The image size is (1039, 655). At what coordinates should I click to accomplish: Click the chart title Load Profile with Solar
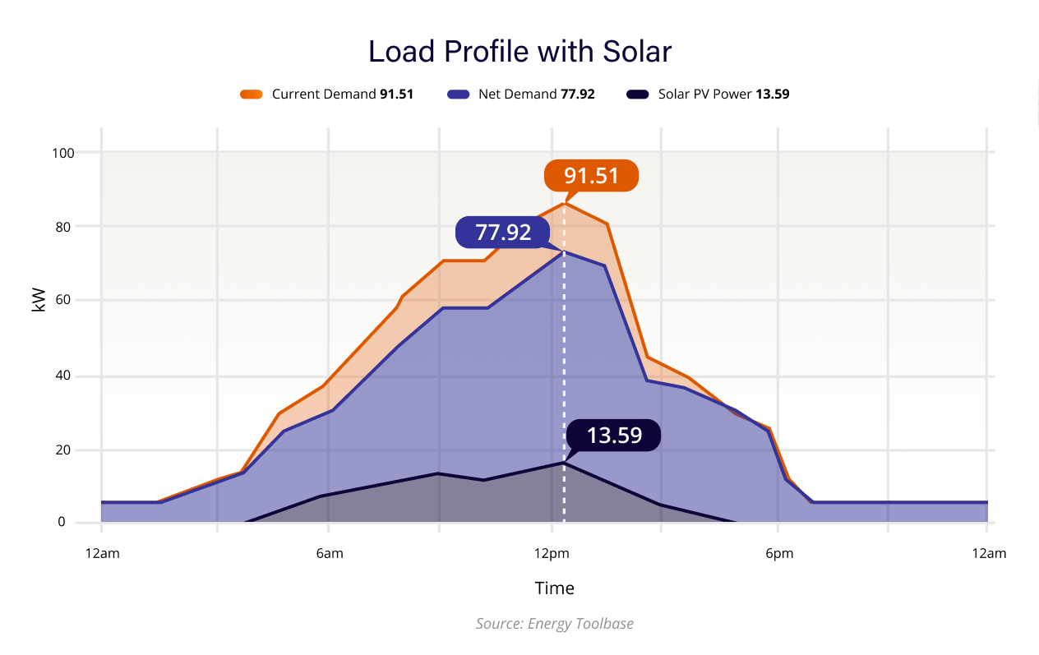[519, 52]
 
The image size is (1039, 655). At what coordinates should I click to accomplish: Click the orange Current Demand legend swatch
[251, 95]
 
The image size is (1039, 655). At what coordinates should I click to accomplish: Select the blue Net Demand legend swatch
[457, 95]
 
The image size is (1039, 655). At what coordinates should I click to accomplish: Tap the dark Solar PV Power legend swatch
[637, 95]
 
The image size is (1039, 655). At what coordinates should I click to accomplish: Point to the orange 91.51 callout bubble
[591, 175]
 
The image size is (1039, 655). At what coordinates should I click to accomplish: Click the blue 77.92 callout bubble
[503, 233]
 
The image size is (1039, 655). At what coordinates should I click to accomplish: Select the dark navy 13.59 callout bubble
[613, 435]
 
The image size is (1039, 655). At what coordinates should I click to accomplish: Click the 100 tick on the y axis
[64, 153]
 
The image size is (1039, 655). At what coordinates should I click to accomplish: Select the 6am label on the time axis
[330, 554]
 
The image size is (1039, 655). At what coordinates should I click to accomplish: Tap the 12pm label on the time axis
[552, 554]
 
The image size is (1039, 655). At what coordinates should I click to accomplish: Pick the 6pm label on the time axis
[779, 554]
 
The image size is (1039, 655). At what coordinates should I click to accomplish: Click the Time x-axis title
[554, 588]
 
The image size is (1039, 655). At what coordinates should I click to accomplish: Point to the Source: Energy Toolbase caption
[554, 624]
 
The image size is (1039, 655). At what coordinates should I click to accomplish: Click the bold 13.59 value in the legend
[772, 95]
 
